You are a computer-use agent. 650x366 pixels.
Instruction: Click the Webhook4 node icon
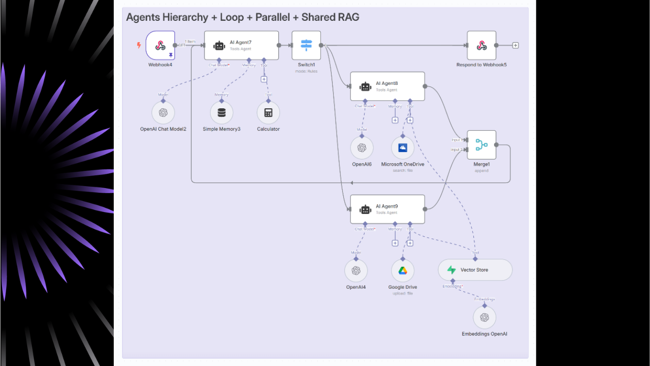pos(160,46)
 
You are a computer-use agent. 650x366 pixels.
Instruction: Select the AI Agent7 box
pos(241,45)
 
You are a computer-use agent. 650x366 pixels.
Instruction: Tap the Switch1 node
pos(306,45)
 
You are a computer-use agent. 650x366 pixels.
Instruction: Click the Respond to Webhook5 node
pos(481,45)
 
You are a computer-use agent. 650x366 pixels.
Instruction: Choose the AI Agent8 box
pos(387,86)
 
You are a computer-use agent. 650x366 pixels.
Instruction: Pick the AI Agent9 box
pos(387,209)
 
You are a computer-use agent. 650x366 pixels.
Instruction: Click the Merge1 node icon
pos(481,145)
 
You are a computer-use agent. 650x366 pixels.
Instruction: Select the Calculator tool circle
pos(268,113)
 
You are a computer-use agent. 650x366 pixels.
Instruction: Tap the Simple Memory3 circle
pos(221,113)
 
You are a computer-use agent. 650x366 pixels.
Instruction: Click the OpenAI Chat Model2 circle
pos(163,113)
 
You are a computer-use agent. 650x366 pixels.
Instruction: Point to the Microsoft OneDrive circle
pos(403,148)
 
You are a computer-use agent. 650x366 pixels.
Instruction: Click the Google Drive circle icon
pos(403,271)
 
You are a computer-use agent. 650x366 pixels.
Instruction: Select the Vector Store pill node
pos(475,270)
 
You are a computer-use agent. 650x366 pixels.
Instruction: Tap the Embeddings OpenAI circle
pos(484,318)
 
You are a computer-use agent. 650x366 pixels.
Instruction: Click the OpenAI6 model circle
pos(362,148)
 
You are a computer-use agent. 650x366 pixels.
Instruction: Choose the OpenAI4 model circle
pos(356,271)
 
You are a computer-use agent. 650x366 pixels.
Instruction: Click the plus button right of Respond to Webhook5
pos(515,45)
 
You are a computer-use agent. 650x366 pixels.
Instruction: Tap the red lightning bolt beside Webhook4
pos(139,45)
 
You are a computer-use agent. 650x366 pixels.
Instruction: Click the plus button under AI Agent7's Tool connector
pos(264,79)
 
